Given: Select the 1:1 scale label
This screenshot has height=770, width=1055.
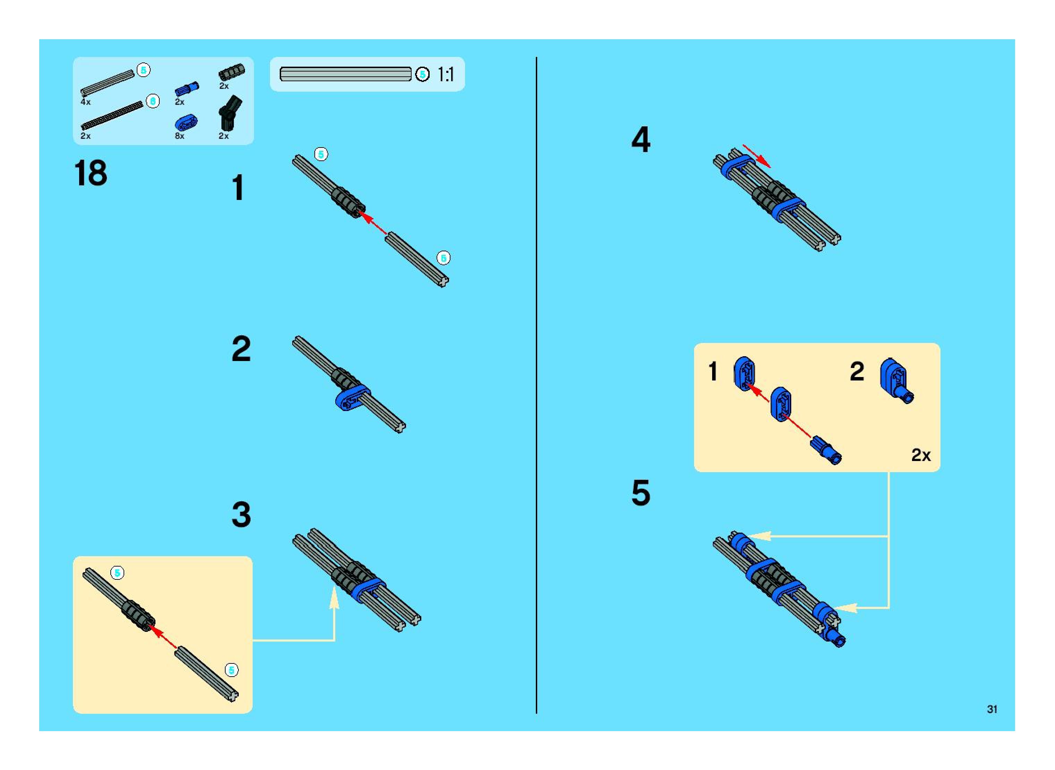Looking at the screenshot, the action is click(446, 75).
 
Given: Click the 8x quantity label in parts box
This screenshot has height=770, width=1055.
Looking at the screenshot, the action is click(179, 136).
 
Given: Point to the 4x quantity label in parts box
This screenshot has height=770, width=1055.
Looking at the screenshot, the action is click(85, 102).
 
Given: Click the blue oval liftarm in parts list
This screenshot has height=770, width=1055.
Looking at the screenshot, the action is click(186, 123).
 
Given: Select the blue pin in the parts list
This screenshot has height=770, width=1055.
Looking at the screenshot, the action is click(186, 88).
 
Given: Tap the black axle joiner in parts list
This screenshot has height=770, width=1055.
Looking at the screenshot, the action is click(231, 72).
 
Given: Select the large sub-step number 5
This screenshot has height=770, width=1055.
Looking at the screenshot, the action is click(641, 493).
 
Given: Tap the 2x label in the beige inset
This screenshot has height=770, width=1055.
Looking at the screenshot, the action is click(921, 455).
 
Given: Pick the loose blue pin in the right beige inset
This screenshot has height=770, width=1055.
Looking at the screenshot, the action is click(826, 450).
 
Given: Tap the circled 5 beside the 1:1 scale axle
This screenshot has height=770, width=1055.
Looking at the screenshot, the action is click(422, 75).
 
